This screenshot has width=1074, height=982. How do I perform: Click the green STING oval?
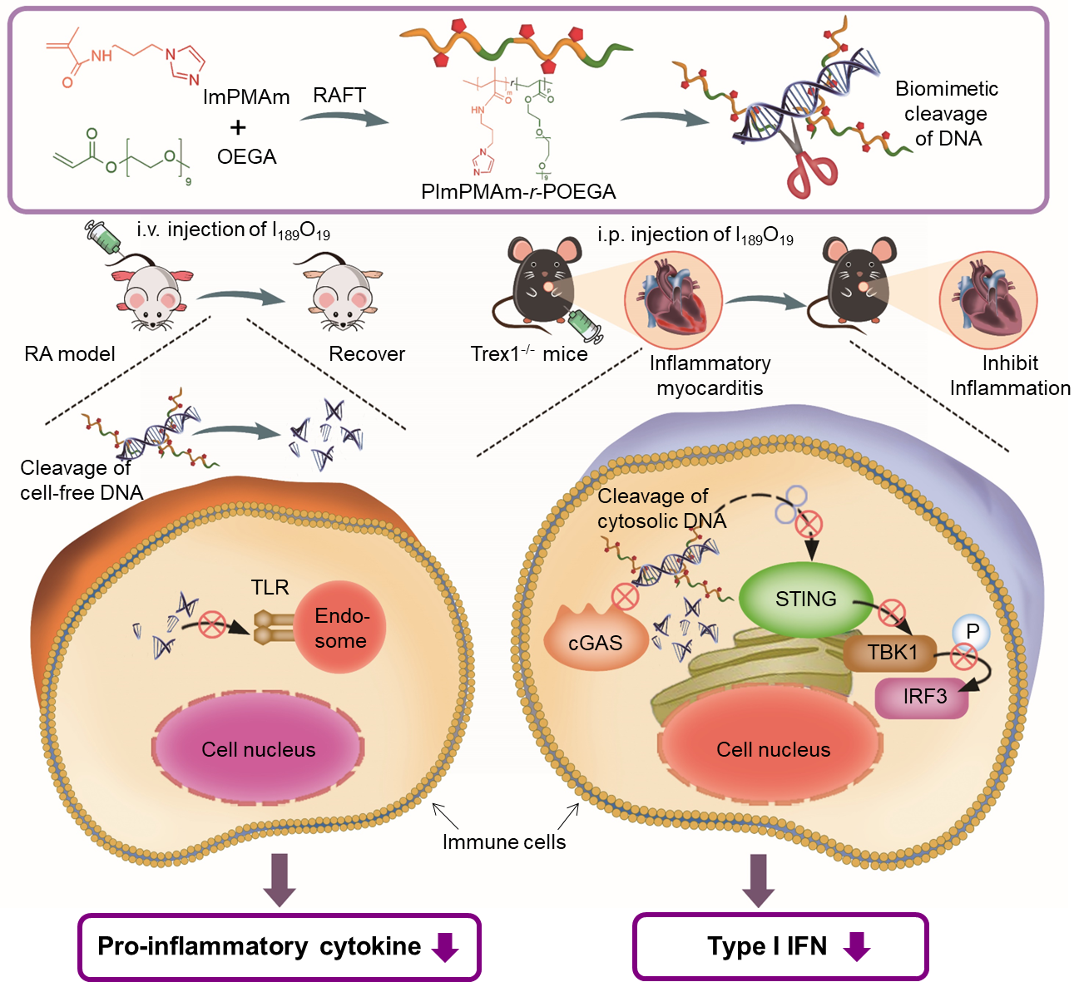(x=804, y=600)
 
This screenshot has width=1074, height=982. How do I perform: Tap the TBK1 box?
(x=891, y=653)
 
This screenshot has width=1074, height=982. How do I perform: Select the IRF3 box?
(x=923, y=697)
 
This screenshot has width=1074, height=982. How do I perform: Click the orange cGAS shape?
(x=595, y=641)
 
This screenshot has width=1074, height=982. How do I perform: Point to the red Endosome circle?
(x=341, y=628)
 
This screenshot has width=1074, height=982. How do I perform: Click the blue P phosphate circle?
(x=972, y=632)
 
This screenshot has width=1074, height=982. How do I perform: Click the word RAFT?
(x=339, y=96)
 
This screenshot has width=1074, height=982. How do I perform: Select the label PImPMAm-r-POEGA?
(x=518, y=192)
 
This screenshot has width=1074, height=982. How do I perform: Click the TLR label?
(x=270, y=588)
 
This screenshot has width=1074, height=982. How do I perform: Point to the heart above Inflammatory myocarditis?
(x=674, y=299)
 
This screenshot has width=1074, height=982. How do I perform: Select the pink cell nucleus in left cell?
(x=258, y=748)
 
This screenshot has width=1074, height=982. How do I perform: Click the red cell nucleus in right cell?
(x=772, y=748)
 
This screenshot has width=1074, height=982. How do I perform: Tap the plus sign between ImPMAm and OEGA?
(x=238, y=127)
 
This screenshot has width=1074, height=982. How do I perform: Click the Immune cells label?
(x=503, y=842)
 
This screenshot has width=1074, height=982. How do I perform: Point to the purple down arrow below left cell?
(x=280, y=878)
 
